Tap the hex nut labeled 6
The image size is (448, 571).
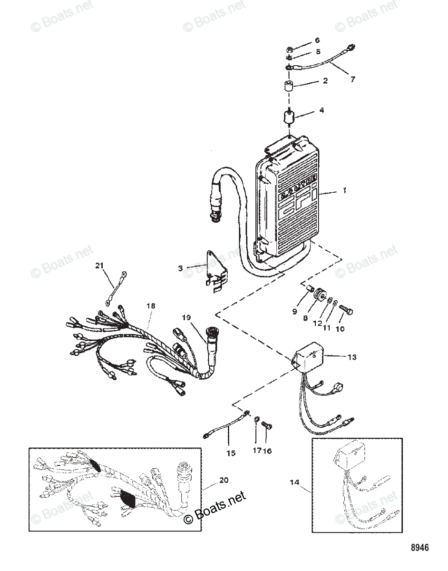click(289, 49)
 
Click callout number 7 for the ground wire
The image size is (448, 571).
click(352, 79)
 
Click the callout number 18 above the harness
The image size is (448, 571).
click(151, 307)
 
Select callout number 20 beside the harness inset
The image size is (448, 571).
click(223, 480)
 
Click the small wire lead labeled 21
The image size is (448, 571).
click(116, 287)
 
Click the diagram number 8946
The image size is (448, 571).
click(419, 548)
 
